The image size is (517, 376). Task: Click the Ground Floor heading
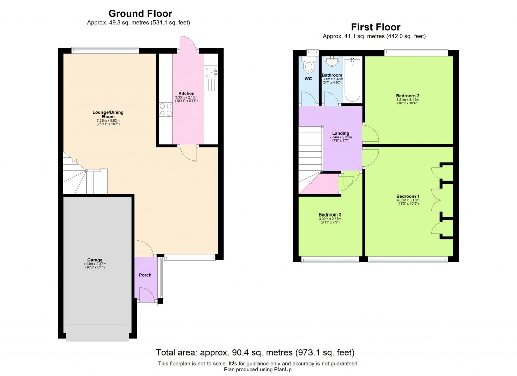[x=140, y=14]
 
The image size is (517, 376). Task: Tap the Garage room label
[x=95, y=260]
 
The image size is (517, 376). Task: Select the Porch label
[x=146, y=275]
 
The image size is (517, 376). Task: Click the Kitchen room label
[x=186, y=94]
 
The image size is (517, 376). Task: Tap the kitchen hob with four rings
[x=165, y=110]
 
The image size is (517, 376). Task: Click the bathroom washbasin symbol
[x=332, y=61]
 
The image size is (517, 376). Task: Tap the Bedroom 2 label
[x=408, y=96]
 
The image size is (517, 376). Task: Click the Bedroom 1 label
[x=408, y=196]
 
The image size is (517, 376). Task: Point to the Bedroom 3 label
[x=330, y=214]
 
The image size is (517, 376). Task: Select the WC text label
[x=308, y=79]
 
